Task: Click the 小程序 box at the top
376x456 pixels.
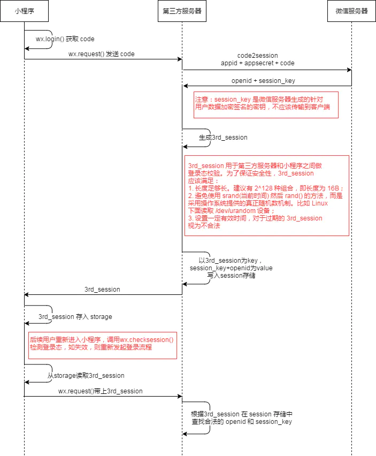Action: [x=25, y=11]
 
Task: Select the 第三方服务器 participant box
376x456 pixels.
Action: [x=182, y=11]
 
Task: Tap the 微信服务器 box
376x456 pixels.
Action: [x=351, y=11]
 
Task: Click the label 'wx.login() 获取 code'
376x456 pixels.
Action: [x=65, y=40]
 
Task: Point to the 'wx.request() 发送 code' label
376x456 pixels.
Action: [x=102, y=54]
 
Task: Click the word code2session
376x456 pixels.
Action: [x=257, y=56]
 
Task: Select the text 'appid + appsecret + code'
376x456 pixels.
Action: [x=257, y=63]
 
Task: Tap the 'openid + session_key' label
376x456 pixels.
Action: [x=263, y=81]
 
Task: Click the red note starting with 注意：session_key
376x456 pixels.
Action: [x=266, y=104]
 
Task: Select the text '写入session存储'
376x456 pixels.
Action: [x=231, y=275]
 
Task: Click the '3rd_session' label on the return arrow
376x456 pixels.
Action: [x=102, y=290]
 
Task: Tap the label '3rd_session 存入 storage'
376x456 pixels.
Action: [x=75, y=317]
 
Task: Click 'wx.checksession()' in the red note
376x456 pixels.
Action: [x=147, y=340]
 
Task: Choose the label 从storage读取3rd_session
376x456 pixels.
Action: [x=86, y=376]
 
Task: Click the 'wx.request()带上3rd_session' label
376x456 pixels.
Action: [x=101, y=391]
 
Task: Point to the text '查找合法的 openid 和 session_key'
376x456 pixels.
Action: [x=241, y=422]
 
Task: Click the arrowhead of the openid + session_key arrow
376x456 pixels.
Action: [x=185, y=86]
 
